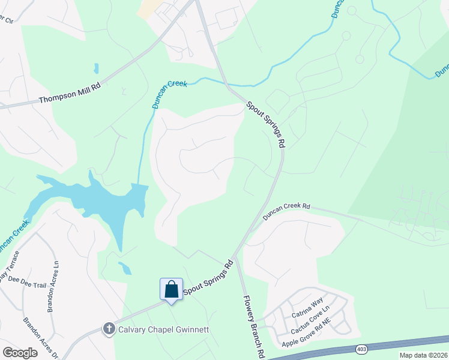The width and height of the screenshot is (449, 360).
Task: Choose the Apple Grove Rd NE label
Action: tap(307, 332)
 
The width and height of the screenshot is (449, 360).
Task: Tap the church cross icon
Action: tap(109, 328)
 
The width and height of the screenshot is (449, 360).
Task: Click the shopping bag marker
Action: tap(171, 289)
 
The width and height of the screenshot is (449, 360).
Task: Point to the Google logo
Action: tap(20, 353)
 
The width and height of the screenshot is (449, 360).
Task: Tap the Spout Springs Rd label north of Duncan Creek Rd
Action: tap(265, 125)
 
